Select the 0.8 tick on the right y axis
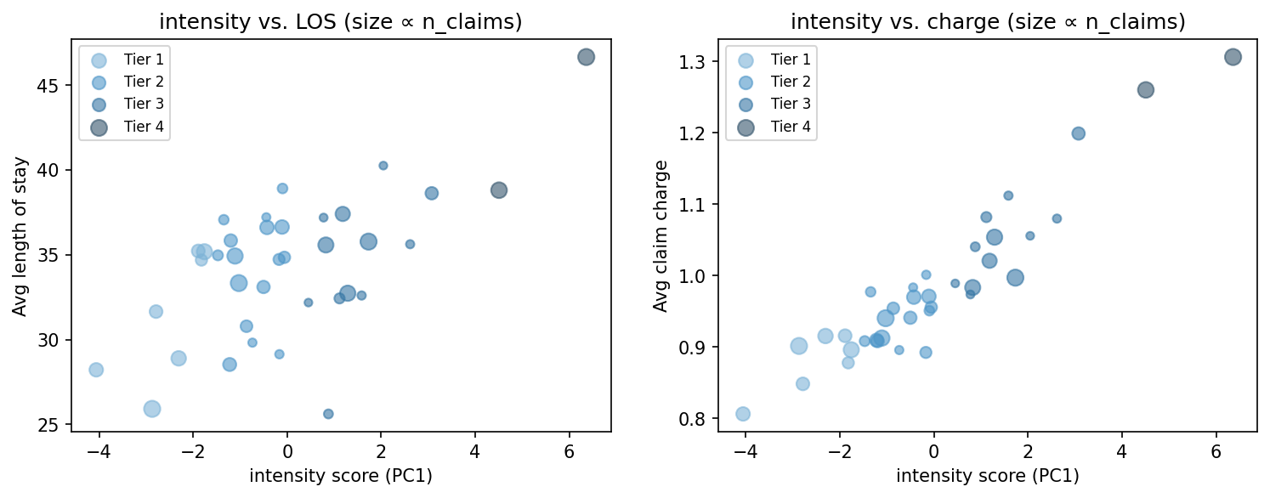coord(694,419)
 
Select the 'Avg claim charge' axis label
coord(661,236)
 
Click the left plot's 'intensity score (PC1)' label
coord(341,477)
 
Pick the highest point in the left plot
coord(586,57)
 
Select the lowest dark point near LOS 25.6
coord(328,414)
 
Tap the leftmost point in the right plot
coord(743,414)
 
